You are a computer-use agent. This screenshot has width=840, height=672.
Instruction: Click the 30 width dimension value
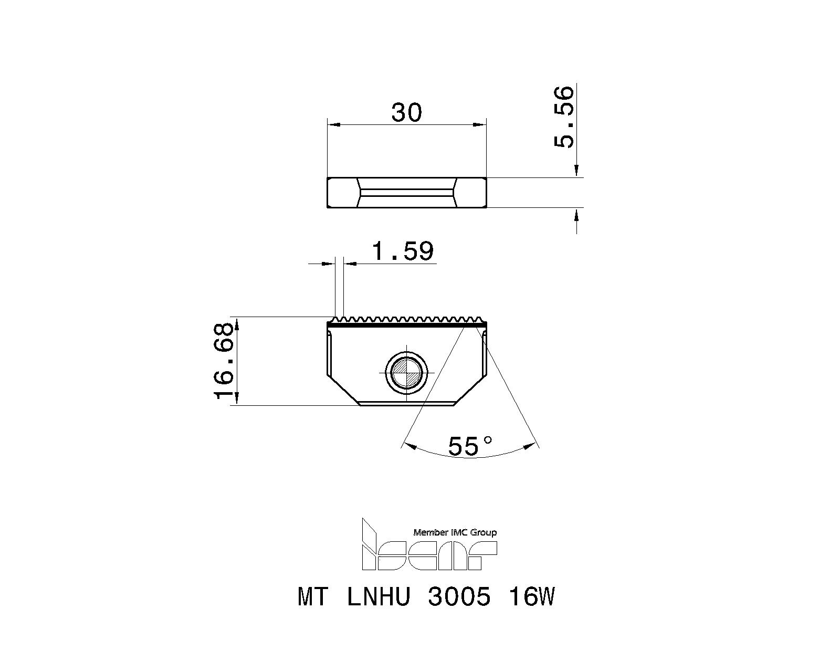click(406, 112)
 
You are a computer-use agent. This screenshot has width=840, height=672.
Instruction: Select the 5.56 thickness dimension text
click(564, 118)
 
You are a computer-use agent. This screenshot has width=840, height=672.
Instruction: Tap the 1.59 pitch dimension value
click(403, 251)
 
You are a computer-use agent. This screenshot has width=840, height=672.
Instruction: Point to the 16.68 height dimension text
click(224, 361)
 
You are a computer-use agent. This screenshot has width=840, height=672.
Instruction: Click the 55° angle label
click(470, 446)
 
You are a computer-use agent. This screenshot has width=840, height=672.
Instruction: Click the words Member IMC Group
click(455, 532)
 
